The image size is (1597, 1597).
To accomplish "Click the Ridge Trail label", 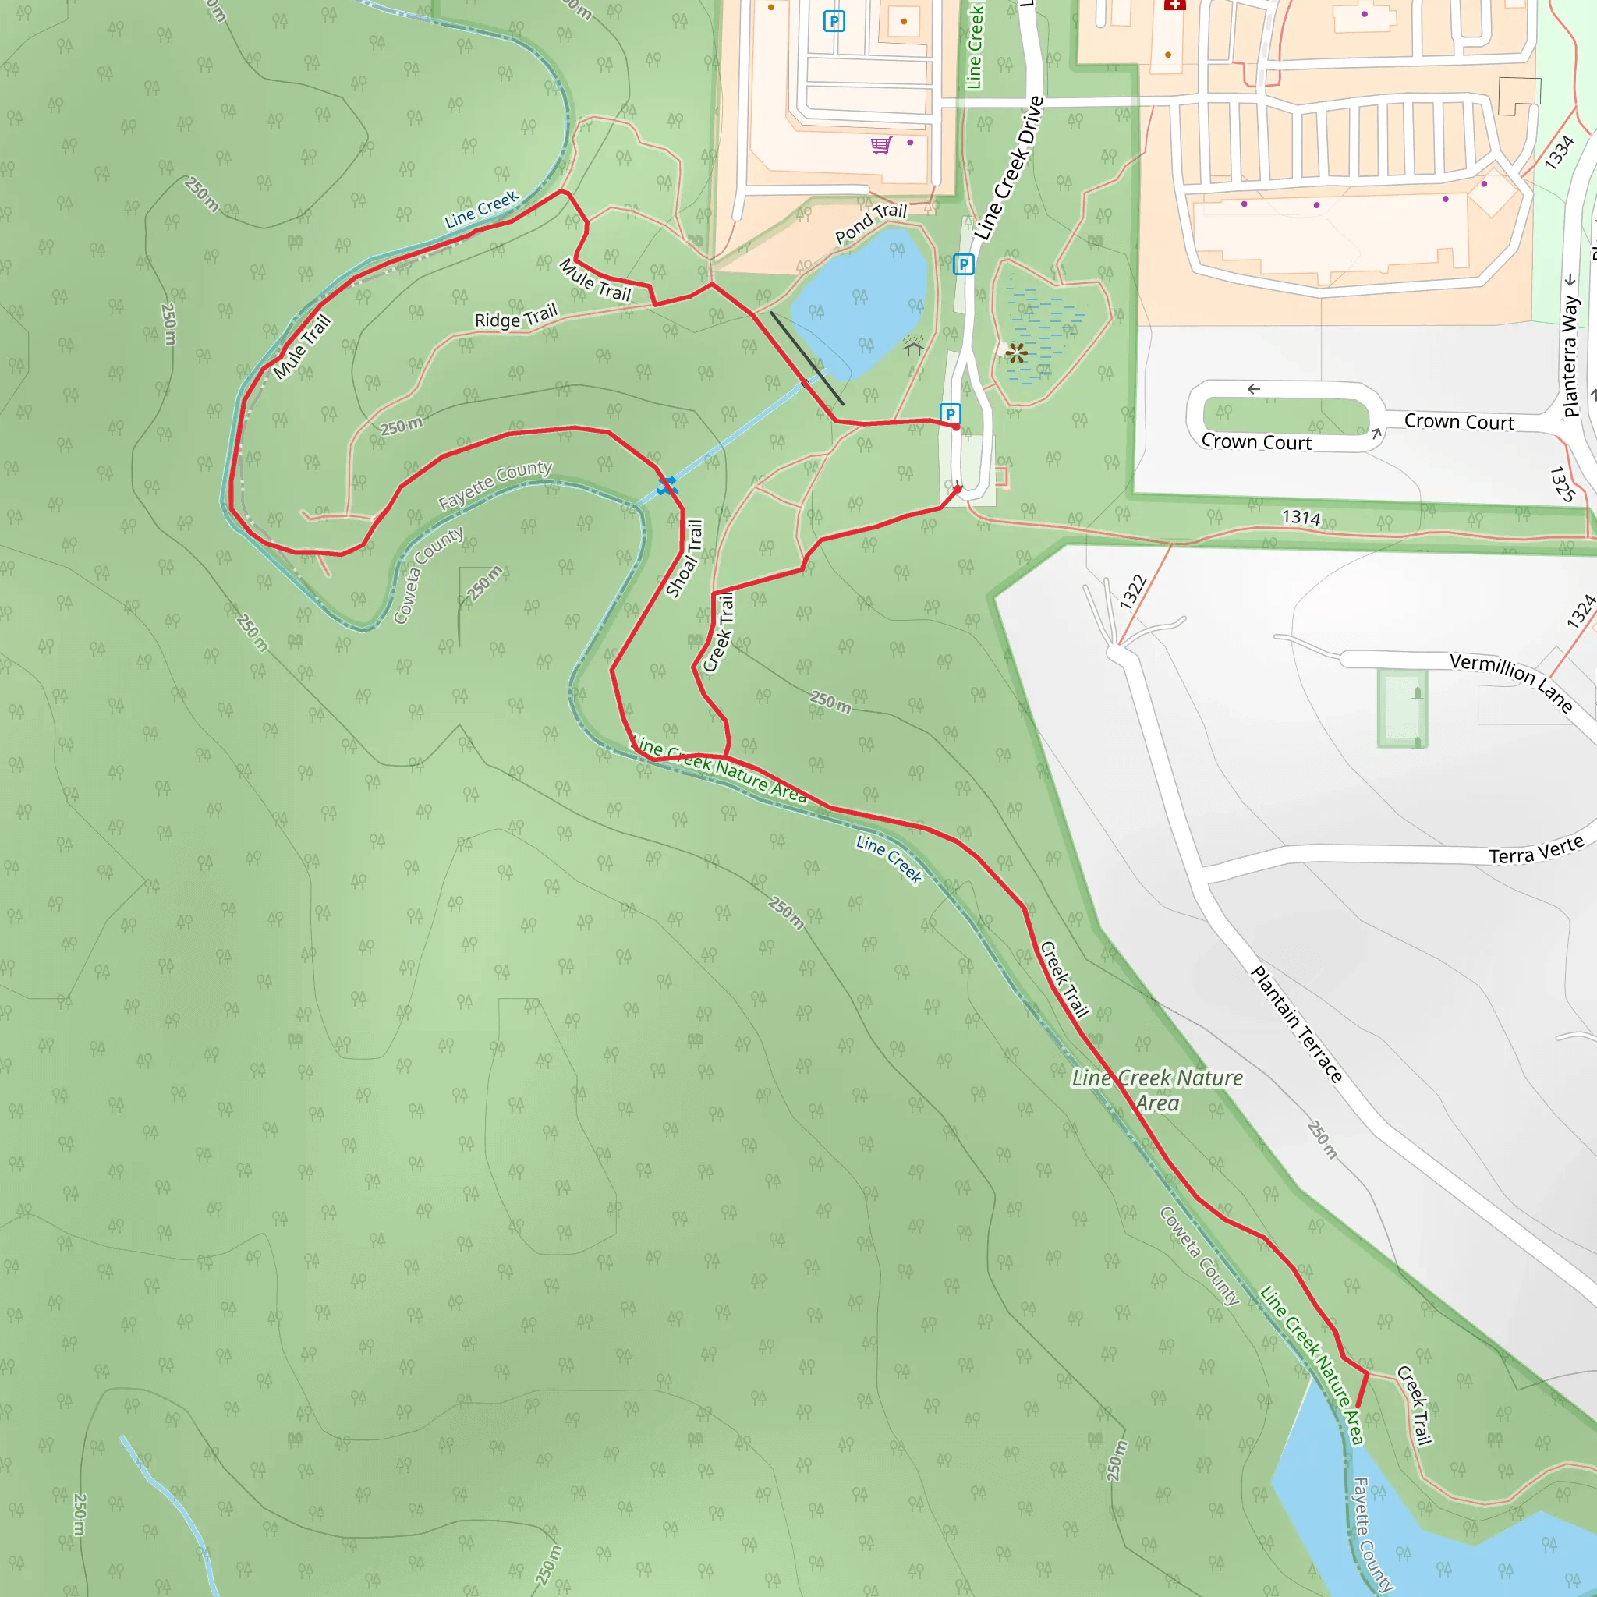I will tap(515, 317).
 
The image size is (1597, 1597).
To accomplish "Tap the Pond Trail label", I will tap(870, 223).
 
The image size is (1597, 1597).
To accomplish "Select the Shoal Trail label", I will tap(685, 558).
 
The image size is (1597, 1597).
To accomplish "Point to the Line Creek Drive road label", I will tap(1009, 168).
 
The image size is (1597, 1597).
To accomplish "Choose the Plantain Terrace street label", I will tap(1295, 1023).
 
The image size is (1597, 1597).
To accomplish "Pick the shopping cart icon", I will tap(881, 146).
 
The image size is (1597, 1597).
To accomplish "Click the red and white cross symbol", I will tap(1174, 4).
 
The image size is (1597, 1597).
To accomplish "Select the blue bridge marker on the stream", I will tap(666, 486).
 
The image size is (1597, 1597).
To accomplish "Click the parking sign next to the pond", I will tap(963, 264).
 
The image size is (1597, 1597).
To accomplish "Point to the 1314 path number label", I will tap(1301, 518).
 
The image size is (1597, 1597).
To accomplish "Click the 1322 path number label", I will tap(1133, 592).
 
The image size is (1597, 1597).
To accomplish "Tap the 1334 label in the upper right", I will tap(1559, 152).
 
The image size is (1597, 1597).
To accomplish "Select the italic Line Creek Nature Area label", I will tap(1157, 1089).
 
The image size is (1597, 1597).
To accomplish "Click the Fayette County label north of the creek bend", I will tap(494, 484).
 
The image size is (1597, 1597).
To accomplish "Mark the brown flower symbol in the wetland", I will tap(1017, 354).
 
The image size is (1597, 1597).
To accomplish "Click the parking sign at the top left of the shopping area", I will tap(834, 22).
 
